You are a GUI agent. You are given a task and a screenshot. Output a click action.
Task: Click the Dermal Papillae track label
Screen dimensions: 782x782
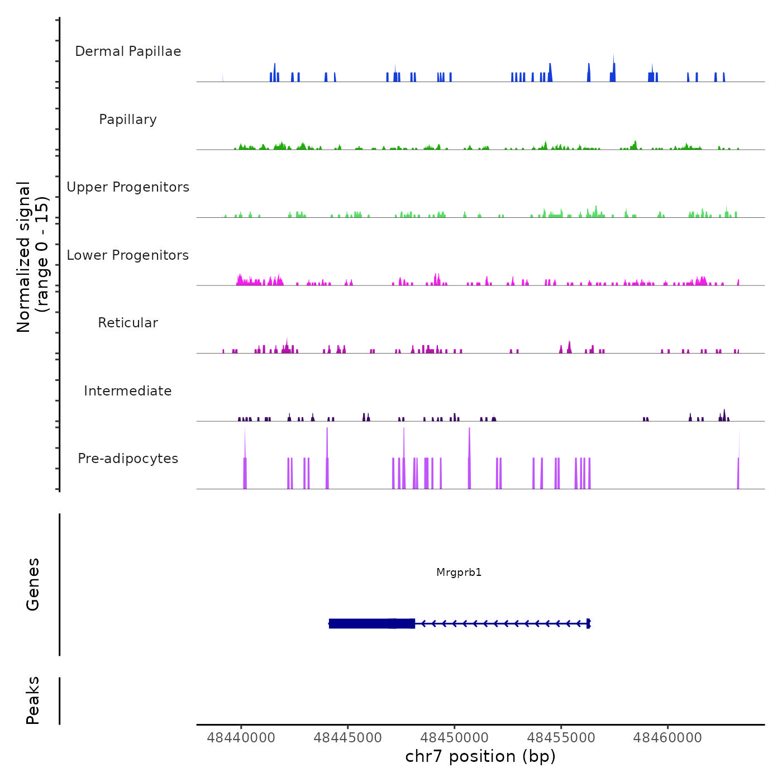pyautogui.click(x=128, y=51)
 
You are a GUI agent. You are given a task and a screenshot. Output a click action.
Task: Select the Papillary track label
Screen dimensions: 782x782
pyautogui.click(x=128, y=120)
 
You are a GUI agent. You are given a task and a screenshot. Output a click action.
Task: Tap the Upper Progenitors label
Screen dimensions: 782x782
pyautogui.click(x=128, y=187)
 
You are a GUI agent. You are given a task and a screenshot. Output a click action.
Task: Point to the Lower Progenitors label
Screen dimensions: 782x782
pyautogui.click(x=128, y=255)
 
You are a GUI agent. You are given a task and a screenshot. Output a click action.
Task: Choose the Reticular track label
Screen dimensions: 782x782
pyautogui.click(x=128, y=323)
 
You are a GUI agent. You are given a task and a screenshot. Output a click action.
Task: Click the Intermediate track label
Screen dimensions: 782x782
pyautogui.click(x=128, y=391)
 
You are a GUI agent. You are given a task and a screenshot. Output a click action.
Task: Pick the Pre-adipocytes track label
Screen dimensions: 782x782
pyautogui.click(x=128, y=459)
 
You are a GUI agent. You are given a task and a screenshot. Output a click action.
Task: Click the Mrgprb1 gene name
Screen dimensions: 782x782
pyautogui.click(x=459, y=573)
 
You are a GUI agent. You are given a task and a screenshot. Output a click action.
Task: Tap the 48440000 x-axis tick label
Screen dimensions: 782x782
pyautogui.click(x=241, y=738)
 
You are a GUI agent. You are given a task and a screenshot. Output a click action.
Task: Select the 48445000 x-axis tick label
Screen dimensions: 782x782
pyautogui.click(x=348, y=738)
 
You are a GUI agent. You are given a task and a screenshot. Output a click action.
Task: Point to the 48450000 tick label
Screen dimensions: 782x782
pyautogui.click(x=455, y=738)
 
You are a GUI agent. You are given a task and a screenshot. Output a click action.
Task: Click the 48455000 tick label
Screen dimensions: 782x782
pyautogui.click(x=561, y=738)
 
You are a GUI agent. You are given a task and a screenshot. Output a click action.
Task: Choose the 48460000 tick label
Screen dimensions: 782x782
pyautogui.click(x=667, y=738)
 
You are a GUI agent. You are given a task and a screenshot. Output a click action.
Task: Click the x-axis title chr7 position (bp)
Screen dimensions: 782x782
pyautogui.click(x=480, y=756)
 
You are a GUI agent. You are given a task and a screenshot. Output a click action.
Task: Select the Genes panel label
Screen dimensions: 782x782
pyautogui.click(x=33, y=584)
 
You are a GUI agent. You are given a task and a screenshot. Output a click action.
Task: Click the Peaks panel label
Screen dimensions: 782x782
pyautogui.click(x=33, y=700)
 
